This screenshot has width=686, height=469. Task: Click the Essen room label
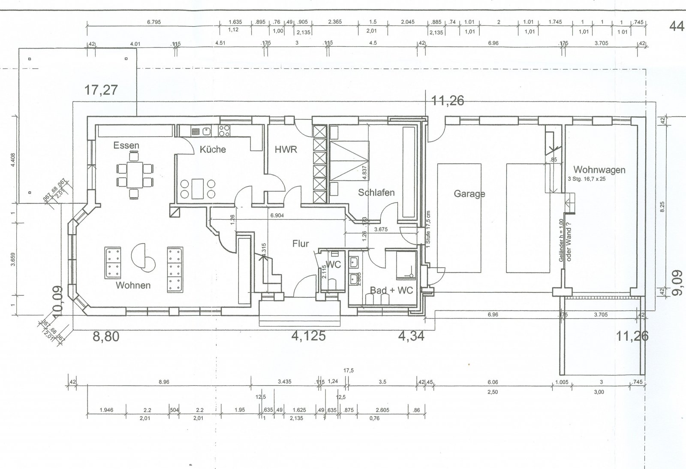[126, 145]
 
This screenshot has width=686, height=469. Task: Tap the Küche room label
[213, 150]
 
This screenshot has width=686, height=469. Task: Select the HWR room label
[286, 150]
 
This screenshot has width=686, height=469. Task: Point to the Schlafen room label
[376, 193]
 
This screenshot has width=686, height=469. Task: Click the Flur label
[301, 244]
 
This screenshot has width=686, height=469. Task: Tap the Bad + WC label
[391, 290]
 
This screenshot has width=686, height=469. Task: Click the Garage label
[469, 194]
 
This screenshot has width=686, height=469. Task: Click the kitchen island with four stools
[198, 189]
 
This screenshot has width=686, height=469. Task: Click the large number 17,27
[101, 91]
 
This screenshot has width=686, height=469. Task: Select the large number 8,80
[106, 336]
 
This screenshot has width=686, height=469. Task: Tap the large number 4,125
[308, 336]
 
